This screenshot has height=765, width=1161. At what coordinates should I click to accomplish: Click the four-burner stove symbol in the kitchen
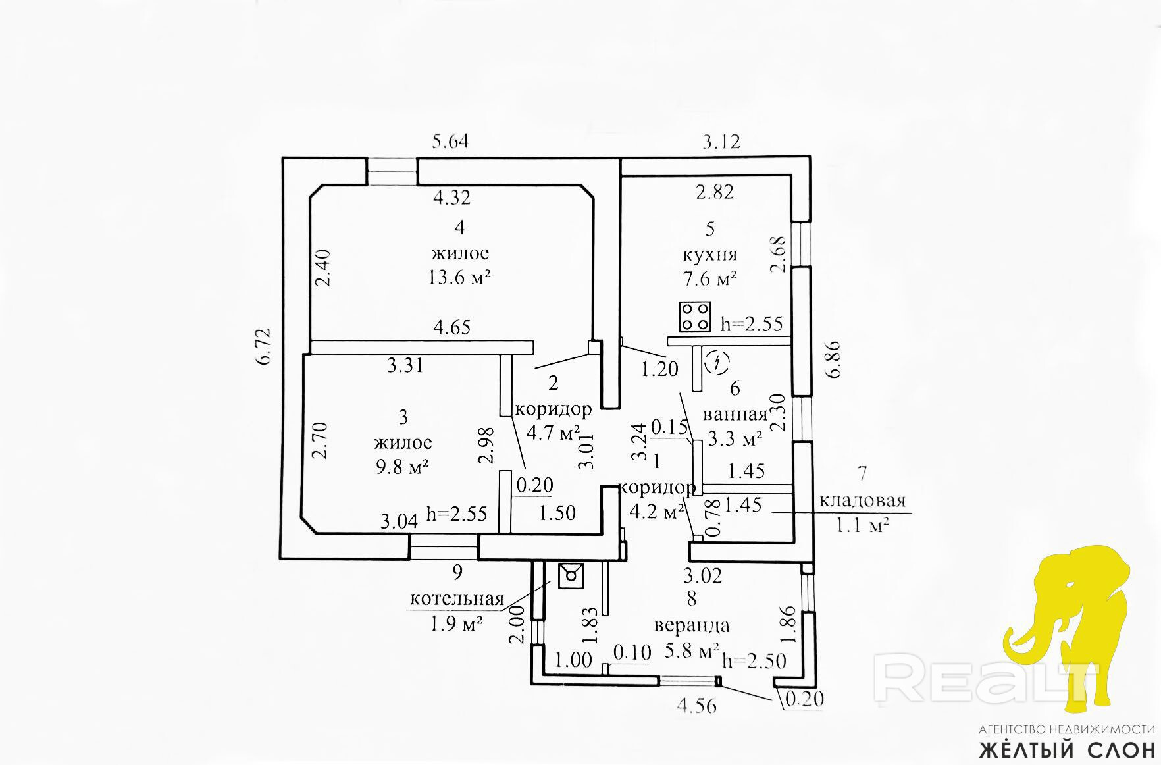(x=696, y=317)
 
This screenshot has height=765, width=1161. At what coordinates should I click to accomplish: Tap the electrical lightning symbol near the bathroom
(x=717, y=361)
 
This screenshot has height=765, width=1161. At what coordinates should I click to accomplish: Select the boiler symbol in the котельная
(x=570, y=575)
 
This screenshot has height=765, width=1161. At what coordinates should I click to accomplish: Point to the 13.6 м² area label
(x=460, y=277)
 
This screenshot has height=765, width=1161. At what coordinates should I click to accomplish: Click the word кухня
(x=710, y=255)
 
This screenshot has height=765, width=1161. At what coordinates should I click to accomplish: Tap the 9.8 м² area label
(x=402, y=467)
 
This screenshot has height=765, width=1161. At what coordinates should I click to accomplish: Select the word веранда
(x=691, y=625)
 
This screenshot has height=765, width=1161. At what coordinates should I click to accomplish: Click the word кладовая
(x=862, y=500)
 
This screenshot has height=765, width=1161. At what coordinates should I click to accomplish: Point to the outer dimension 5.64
(x=450, y=141)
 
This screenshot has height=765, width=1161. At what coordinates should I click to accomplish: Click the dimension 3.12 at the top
(x=722, y=142)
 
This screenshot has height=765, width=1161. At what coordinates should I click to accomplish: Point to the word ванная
(x=735, y=414)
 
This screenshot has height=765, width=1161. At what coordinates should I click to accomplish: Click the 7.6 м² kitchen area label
(x=710, y=278)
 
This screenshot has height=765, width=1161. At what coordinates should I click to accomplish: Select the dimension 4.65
(x=451, y=327)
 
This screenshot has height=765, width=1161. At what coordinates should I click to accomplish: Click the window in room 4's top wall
(x=392, y=171)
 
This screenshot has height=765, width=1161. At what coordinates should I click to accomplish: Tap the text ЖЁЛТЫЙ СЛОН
(x=1067, y=750)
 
